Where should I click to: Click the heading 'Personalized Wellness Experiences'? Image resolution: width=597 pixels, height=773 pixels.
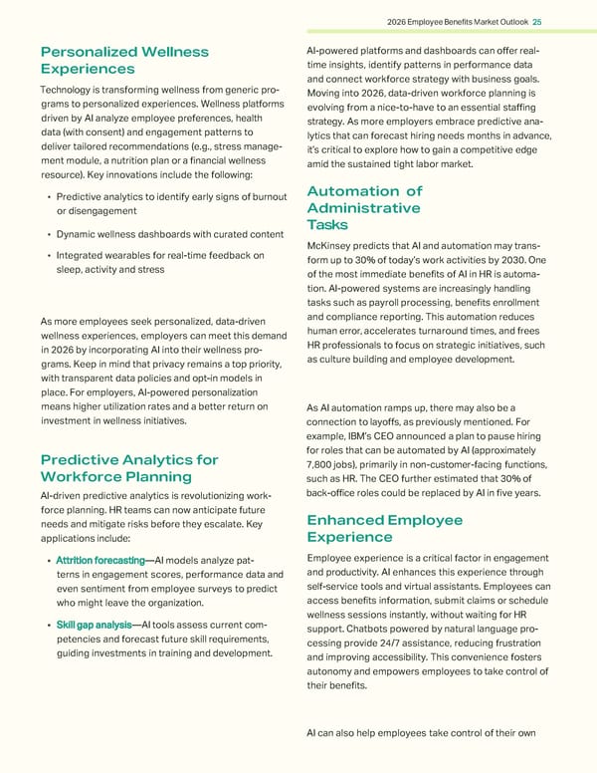tap(123, 60)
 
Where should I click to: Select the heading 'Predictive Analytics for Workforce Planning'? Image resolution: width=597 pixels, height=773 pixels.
tap(129, 468)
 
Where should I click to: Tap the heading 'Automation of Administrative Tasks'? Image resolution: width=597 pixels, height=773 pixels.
tap(364, 208)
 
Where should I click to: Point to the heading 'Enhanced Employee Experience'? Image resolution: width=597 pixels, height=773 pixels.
tap(385, 529)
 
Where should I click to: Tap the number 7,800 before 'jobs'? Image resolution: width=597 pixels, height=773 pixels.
tap(324, 469)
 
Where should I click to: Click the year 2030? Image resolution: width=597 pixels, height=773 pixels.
tap(501, 262)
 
